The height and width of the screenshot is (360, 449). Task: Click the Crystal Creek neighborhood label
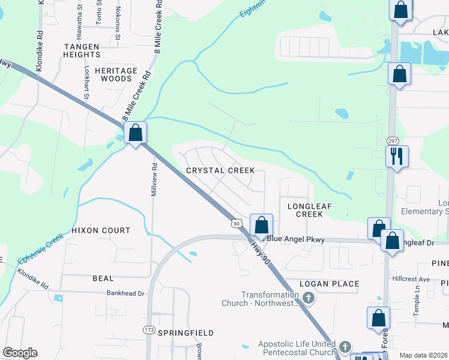pos(220,171)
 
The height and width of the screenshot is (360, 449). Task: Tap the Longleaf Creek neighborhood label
pos(310,209)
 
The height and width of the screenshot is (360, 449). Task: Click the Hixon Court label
pos(100,230)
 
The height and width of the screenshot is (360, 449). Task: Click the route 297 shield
pos(393,140)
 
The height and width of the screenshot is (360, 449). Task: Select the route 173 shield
pos(149,330)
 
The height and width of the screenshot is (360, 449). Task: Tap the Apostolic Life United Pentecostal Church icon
pos(345,347)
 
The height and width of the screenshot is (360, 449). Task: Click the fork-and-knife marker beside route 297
pos(397,157)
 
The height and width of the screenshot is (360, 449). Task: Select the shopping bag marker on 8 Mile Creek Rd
pos(136,133)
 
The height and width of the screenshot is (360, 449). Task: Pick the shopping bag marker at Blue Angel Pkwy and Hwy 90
pos(261,226)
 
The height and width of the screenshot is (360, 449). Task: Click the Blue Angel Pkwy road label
pos(295,239)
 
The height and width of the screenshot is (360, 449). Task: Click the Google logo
pos(20,353)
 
